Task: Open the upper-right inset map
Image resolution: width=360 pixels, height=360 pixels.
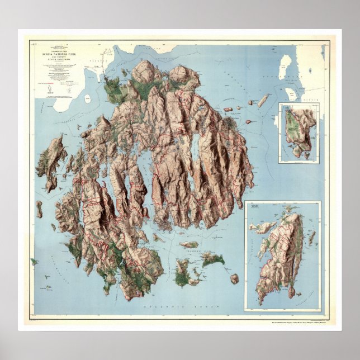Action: click(300, 133)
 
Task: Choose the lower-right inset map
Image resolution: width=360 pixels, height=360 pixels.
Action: click(282, 256)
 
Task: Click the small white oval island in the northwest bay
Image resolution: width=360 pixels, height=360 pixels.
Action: click(88, 98)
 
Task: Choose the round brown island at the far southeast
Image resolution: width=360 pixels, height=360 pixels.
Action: click(234, 278)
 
